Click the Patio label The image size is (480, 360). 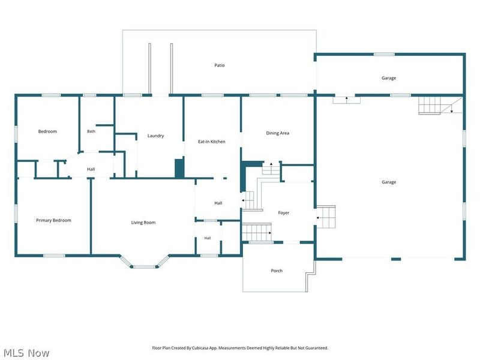[219, 65]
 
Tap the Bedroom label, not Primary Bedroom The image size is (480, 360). [47, 131]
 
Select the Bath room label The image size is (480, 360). [91, 131]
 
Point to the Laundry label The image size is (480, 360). [155, 136]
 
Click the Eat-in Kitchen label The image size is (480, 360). [212, 142]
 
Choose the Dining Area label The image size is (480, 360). [277, 133]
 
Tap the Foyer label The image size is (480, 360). [283, 213]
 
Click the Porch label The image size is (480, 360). [277, 271]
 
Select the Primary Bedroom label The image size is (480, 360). [53, 220]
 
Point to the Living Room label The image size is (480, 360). [143, 223]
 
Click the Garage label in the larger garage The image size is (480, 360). [389, 182]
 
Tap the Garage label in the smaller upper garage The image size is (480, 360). [389, 78]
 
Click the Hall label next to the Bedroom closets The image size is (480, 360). [91, 169]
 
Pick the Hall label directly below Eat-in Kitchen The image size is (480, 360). [218, 203]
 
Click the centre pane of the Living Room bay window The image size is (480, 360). [144, 267]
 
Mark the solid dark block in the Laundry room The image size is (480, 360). [179, 169]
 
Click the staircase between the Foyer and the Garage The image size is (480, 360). [326, 217]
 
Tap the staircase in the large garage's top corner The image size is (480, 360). [429, 105]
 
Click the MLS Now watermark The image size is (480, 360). [26, 353]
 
